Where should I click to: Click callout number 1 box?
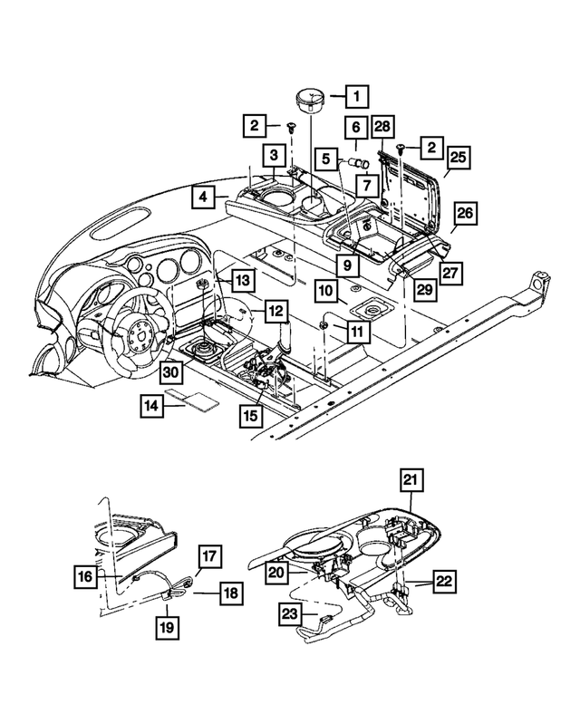(x=356, y=95)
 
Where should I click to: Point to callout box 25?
(x=458, y=158)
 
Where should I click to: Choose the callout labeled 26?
(x=465, y=214)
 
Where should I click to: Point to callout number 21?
(x=412, y=480)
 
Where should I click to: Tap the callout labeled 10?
(x=326, y=293)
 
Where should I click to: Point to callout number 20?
(x=275, y=572)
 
